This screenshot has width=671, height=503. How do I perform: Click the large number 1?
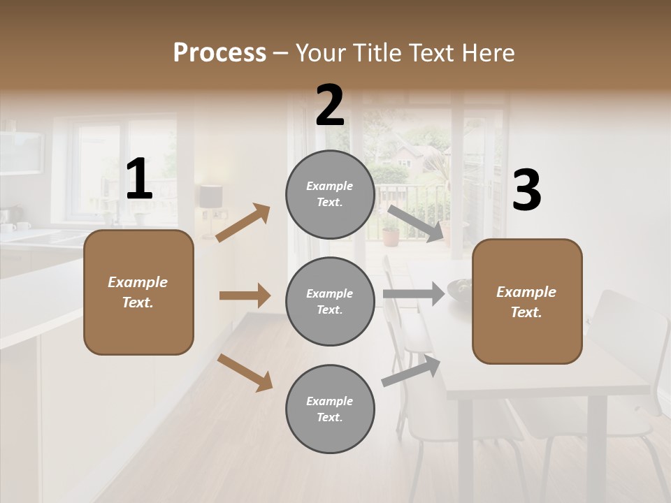[139, 180]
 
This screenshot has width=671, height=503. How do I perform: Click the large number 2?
[330, 105]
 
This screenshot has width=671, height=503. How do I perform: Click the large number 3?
[526, 190]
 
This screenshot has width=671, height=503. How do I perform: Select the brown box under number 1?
[138, 292]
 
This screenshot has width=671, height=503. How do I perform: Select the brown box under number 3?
[527, 301]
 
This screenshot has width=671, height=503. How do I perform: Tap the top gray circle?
[330, 194]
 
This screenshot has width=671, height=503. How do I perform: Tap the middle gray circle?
[330, 301]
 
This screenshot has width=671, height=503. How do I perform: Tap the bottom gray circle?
[330, 409]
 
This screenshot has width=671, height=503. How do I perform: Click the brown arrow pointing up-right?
[243, 223]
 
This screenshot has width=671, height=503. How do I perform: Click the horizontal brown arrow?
[245, 296]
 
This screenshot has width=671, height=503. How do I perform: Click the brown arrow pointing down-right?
[245, 372]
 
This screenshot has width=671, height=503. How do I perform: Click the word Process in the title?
[219, 52]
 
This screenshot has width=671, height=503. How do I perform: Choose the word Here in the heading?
[486, 52]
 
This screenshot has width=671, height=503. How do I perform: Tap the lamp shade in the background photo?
[210, 196]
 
